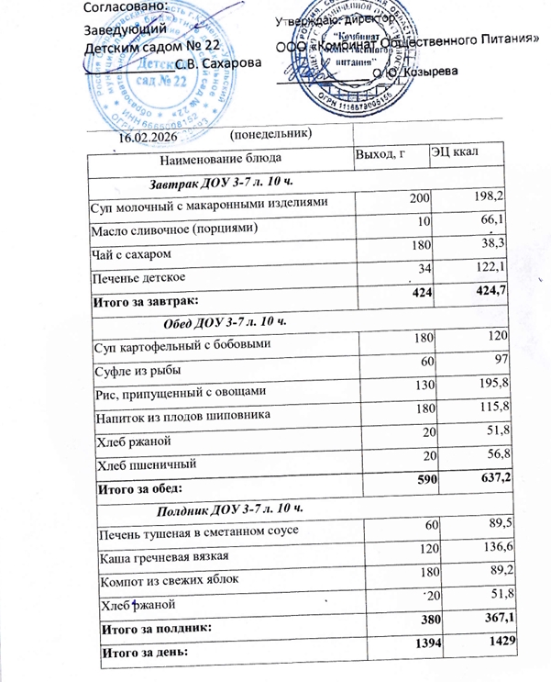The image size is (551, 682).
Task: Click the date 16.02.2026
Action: click(148, 136)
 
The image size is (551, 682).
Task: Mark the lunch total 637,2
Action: click(489, 482)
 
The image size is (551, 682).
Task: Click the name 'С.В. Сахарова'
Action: click(217, 63)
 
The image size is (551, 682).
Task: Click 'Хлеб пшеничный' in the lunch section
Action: click(144, 465)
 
